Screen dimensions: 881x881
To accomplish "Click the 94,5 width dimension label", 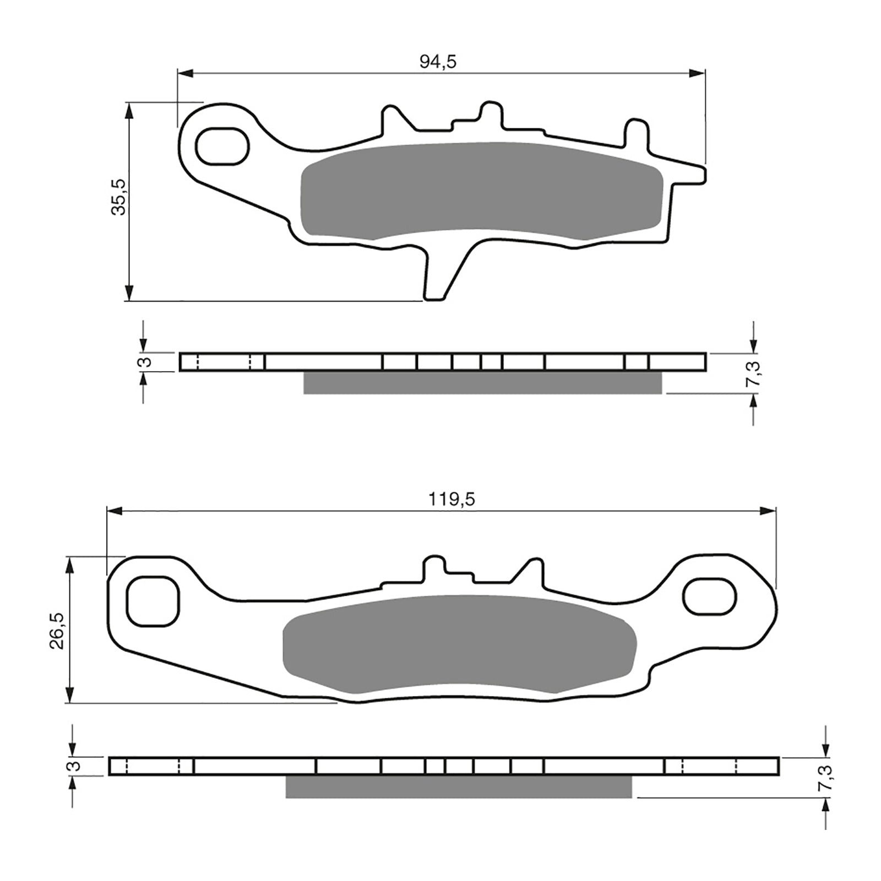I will click(438, 62).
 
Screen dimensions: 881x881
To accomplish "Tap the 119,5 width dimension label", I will click(452, 499).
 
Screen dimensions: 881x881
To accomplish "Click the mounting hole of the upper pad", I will click(222, 146).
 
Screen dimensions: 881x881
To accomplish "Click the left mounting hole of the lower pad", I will click(153, 601).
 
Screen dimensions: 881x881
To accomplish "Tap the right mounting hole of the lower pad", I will click(709, 596).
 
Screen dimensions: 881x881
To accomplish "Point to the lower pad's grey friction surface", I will click(457, 641).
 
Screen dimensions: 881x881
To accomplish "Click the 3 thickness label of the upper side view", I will click(145, 362).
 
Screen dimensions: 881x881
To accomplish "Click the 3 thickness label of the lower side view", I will click(75, 766).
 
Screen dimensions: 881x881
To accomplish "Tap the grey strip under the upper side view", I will click(482, 383).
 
